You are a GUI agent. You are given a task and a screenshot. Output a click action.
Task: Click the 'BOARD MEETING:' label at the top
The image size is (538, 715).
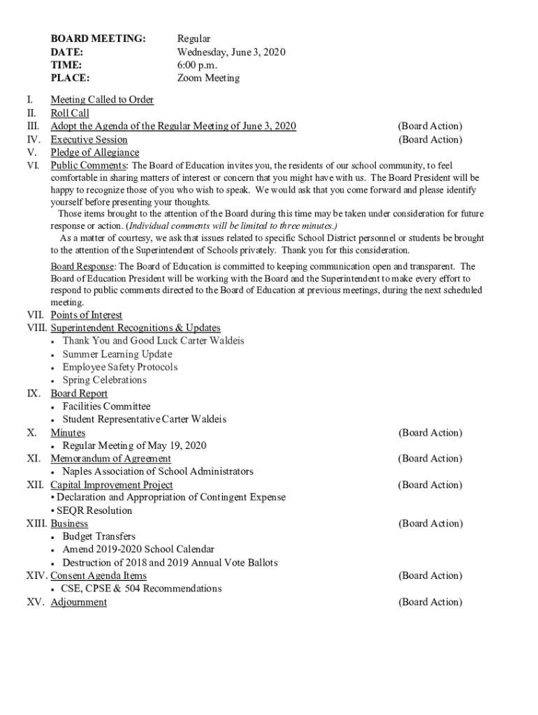98,39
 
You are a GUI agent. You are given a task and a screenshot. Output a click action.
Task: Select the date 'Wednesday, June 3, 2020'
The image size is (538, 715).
231,52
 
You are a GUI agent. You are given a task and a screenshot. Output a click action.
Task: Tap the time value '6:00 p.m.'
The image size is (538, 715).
198,65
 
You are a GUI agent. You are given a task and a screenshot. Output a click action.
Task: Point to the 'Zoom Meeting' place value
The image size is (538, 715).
208,78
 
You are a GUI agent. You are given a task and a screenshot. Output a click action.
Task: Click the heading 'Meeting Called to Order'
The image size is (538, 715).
102,100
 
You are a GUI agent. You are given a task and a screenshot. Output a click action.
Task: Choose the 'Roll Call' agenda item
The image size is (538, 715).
70,113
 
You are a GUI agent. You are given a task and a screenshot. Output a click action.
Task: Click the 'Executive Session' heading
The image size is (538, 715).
89,140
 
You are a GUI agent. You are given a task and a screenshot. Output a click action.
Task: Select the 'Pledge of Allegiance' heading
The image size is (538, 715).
94,152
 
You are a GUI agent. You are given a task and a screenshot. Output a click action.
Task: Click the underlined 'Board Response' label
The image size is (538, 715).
82,267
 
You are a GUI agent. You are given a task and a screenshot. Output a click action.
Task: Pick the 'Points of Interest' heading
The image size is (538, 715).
86,315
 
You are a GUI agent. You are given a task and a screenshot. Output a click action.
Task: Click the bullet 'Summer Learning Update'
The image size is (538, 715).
107,354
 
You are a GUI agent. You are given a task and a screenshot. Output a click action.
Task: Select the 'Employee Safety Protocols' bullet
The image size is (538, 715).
119,367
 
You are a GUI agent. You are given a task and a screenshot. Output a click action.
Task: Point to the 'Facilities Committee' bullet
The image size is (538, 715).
106,406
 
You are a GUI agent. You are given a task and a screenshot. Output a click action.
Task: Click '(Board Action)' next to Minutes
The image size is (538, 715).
430,433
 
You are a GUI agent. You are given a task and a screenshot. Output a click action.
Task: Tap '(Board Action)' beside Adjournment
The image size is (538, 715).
430,602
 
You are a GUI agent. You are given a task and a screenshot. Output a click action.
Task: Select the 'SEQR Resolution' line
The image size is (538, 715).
94,510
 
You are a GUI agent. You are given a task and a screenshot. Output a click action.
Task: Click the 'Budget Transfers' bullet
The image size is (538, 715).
99,536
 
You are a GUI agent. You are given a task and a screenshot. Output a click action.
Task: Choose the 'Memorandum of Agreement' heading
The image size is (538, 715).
110,459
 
